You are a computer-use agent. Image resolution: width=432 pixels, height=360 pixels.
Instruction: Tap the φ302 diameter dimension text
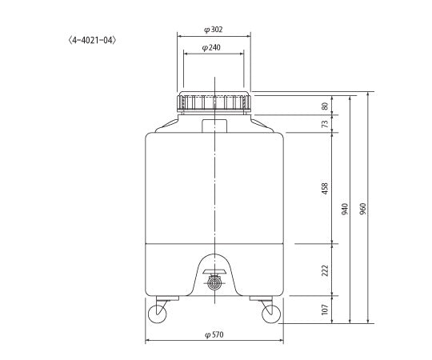[214, 29]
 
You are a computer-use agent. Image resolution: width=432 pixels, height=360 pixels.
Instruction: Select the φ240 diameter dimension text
[214, 48]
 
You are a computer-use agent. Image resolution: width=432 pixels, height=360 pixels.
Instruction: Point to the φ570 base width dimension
[214, 335]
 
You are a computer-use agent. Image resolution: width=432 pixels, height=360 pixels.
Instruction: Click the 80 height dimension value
[325, 105]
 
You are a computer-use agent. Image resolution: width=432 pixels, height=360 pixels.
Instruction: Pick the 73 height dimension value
[325, 123]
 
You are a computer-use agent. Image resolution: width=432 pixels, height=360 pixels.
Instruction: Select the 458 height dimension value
[325, 188]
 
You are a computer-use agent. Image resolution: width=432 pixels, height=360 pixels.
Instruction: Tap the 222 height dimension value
[325, 270]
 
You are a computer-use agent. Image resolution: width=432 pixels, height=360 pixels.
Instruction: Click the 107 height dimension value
[325, 310]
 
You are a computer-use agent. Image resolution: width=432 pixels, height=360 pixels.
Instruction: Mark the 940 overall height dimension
[345, 209]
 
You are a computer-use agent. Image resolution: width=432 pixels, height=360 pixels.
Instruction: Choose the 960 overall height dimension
[364, 209]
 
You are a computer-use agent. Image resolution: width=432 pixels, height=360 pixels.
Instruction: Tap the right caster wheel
[270, 313]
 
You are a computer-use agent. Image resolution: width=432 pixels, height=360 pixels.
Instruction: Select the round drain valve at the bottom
[214, 283]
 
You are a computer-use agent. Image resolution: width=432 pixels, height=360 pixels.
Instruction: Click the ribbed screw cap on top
[214, 102]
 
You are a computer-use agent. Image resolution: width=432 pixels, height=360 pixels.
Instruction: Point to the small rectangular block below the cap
[214, 125]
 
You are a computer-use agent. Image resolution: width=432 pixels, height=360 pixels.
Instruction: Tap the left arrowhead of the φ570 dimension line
[147, 342]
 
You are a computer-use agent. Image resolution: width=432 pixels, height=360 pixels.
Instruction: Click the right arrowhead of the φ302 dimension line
[248, 35]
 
